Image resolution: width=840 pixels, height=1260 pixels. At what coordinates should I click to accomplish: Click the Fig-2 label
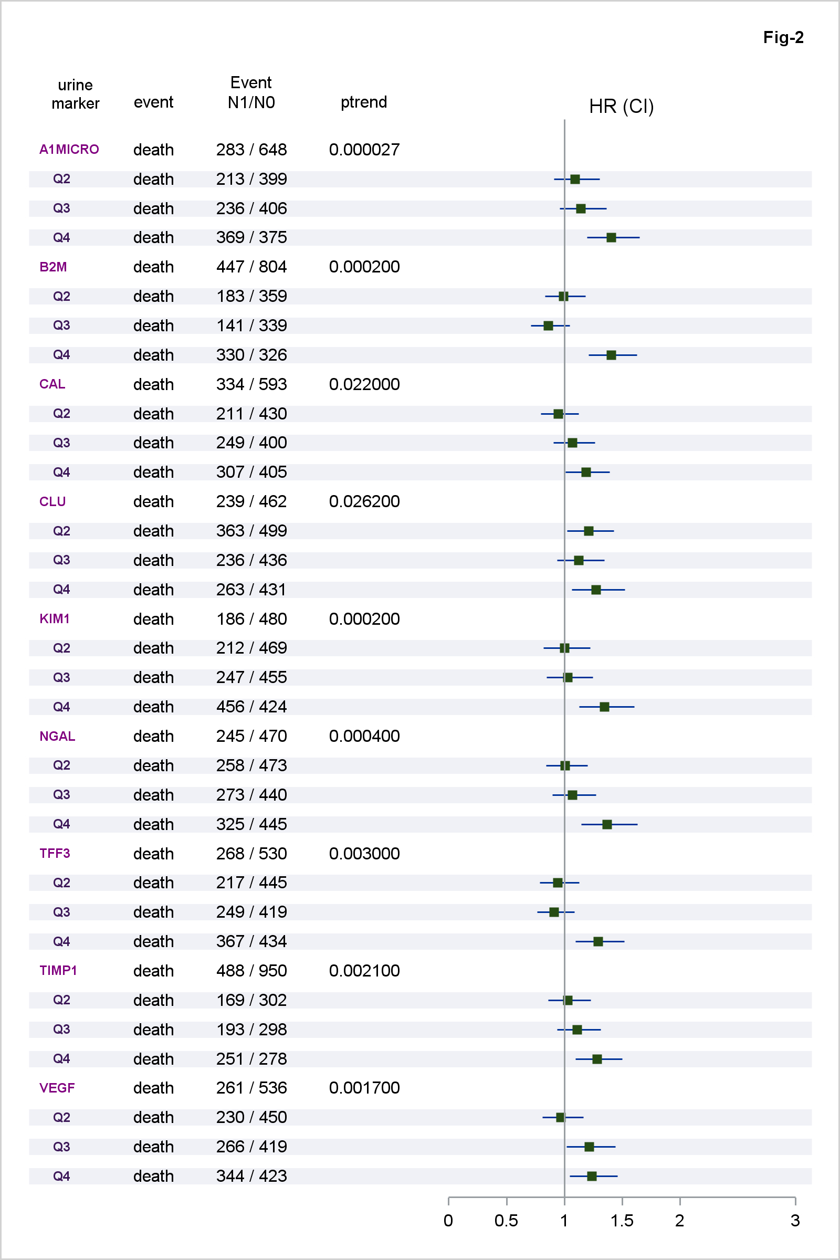(783, 37)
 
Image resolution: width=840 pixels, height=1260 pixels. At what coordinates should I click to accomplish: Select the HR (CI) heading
(621, 107)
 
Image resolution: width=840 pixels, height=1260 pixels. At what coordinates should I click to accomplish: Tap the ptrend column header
(364, 102)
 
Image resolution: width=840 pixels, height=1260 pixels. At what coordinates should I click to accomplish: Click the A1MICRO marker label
(69, 150)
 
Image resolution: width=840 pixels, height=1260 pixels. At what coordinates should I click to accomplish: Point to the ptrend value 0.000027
(364, 150)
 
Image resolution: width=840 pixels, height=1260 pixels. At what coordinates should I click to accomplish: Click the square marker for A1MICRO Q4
(611, 237)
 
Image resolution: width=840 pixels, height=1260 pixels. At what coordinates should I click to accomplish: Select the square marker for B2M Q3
(548, 325)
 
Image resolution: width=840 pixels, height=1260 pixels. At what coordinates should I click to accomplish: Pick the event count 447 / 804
(251, 267)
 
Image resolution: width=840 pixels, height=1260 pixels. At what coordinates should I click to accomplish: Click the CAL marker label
(52, 384)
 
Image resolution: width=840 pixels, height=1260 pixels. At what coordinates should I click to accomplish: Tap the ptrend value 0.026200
(364, 501)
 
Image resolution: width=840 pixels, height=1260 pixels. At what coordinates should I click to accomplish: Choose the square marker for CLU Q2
(588, 531)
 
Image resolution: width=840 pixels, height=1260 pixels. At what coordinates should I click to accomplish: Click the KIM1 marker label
(55, 619)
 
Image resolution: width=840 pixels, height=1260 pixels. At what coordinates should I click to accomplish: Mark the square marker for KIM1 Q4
(604, 707)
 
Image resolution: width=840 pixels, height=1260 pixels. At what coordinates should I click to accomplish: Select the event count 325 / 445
(251, 824)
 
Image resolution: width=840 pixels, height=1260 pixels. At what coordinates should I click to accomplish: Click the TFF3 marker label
(55, 854)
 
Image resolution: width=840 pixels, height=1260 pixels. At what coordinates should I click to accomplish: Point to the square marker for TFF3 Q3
(554, 912)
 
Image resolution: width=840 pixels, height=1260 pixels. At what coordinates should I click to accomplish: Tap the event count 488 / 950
(251, 971)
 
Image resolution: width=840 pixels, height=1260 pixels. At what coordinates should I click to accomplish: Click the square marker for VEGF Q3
(589, 1147)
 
